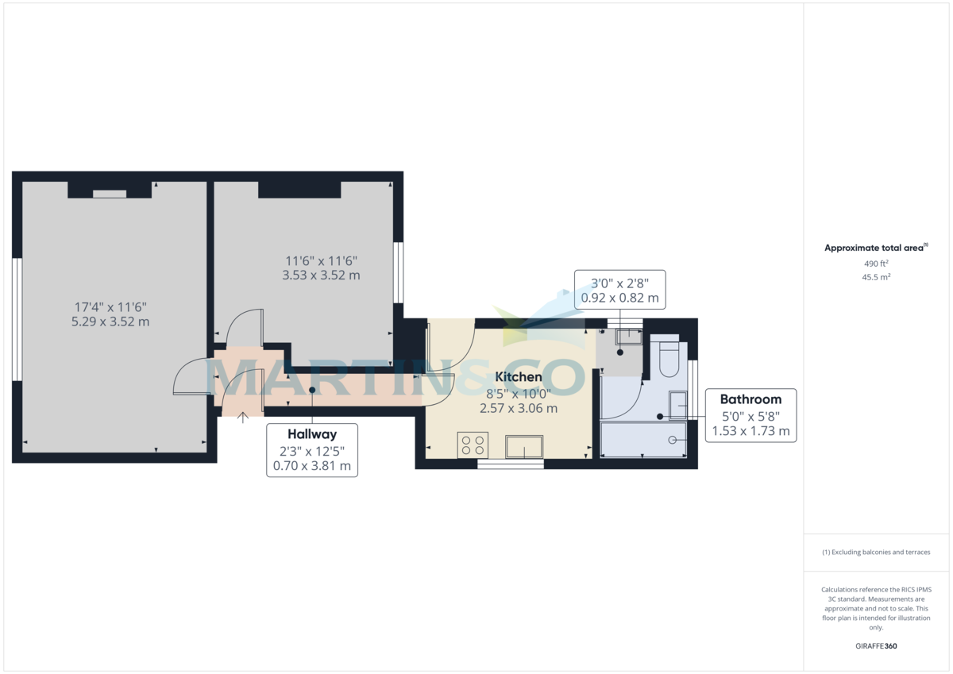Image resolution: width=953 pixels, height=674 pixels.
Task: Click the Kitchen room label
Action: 518,377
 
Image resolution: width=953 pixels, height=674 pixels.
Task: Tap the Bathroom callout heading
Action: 750,399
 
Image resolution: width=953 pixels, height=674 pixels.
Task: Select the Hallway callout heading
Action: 312,434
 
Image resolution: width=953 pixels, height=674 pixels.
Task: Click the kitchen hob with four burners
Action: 473,445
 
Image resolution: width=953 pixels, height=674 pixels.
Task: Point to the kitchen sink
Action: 524,447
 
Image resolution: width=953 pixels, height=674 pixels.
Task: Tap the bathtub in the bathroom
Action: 642,440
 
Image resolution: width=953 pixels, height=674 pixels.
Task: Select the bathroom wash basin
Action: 677,406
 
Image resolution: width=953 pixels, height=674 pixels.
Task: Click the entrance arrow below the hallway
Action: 242,418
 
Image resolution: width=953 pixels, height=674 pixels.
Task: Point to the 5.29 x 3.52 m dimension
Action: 110,322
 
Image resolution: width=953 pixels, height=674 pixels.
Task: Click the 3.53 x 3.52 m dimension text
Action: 321,275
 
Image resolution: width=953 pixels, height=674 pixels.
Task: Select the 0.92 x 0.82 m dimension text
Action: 620,298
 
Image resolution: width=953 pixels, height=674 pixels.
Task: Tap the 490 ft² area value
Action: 876,264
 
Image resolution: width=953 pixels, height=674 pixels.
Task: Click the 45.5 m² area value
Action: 876,277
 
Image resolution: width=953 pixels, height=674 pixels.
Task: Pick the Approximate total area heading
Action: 876,248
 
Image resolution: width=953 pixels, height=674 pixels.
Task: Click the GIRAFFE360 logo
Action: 876,646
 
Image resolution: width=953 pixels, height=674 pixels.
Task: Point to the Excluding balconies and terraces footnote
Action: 876,552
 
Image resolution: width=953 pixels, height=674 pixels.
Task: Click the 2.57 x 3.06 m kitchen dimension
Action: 518,408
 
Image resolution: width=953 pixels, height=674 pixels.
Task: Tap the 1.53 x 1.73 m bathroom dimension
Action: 750,431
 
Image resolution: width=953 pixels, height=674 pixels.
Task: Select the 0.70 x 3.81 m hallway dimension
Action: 312,466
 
